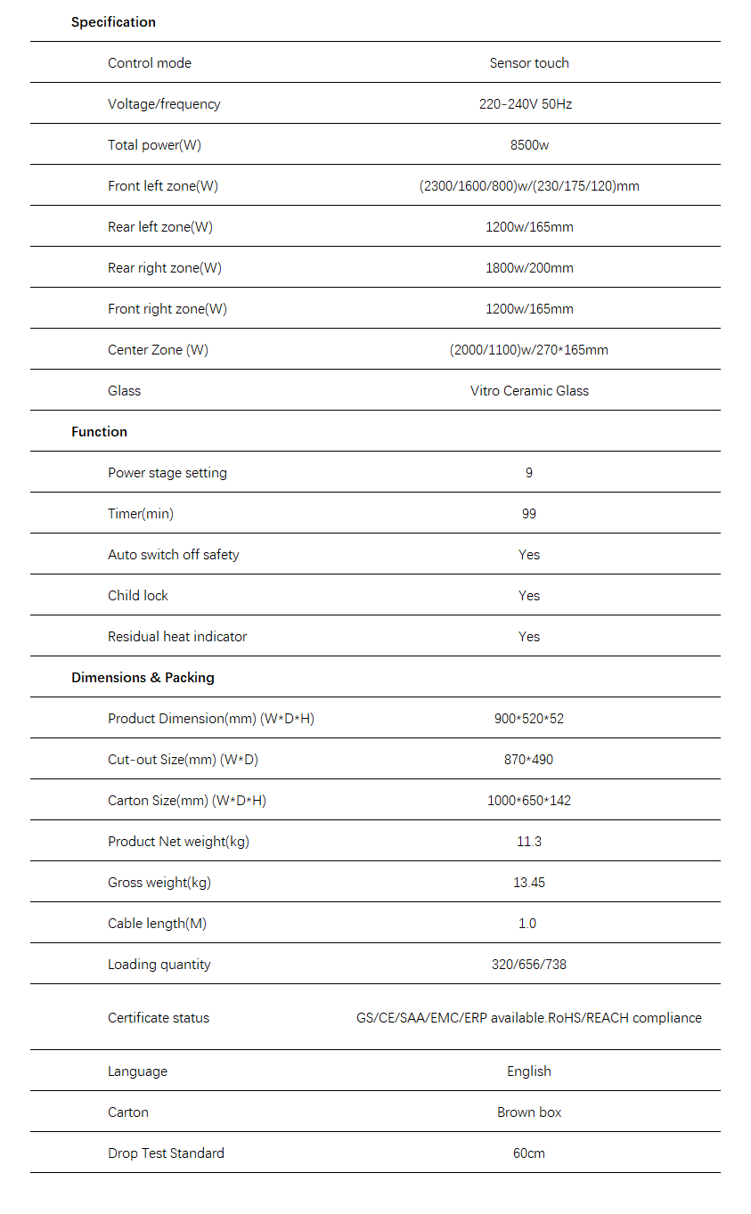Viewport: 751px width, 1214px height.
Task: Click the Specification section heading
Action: tap(113, 22)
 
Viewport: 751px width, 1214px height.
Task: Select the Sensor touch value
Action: tap(529, 63)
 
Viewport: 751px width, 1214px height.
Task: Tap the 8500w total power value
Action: tap(529, 145)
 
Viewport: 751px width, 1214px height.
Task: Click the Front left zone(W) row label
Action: tap(163, 186)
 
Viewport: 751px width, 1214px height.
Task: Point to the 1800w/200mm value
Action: tap(529, 268)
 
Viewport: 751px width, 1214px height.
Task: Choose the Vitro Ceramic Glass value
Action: tap(529, 391)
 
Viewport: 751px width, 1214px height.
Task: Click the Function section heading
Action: tap(99, 432)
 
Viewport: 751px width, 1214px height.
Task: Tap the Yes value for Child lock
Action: tap(529, 596)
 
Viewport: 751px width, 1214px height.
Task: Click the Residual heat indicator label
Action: tap(177, 637)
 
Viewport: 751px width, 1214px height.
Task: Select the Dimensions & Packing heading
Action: tap(143, 678)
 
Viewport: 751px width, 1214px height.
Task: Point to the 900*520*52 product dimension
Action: tap(529, 719)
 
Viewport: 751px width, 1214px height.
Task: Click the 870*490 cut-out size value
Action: tap(529, 760)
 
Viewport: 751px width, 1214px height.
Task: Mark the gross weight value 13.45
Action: tap(529, 883)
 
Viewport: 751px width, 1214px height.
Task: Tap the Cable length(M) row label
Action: tap(157, 924)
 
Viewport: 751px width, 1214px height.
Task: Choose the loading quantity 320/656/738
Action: tap(529, 965)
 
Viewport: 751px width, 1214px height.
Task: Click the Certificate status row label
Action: tap(159, 1018)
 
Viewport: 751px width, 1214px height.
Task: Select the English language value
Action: tap(529, 1071)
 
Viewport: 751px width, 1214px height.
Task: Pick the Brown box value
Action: tap(529, 1112)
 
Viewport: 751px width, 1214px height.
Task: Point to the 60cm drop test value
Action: tap(529, 1153)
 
